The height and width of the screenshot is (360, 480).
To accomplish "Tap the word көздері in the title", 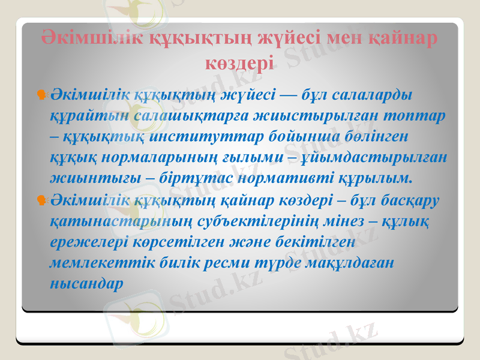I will tap(239, 61).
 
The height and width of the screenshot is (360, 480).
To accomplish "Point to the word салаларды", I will tap(375, 95).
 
